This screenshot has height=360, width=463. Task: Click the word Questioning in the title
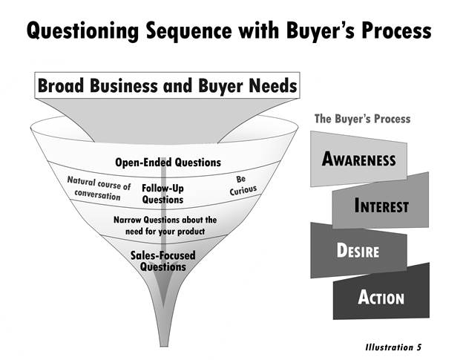82,31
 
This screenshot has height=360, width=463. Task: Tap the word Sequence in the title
189,31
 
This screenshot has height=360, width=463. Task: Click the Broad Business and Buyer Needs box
167,85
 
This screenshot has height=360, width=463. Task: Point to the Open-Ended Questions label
168,163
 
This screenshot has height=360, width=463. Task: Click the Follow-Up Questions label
162,194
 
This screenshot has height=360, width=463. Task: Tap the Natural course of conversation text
99,189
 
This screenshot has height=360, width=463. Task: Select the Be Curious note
243,186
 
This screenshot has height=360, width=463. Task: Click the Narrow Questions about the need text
165,226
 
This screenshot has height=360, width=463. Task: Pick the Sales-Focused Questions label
163,261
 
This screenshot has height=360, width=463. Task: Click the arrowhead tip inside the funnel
163,307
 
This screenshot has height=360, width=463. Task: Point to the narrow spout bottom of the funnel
164,345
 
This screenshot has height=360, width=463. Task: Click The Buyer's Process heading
362,119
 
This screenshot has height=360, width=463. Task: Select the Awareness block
358,159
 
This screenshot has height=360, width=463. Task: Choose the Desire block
358,250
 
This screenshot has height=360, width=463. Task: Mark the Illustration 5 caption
393,347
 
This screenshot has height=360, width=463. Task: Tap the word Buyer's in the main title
321,31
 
